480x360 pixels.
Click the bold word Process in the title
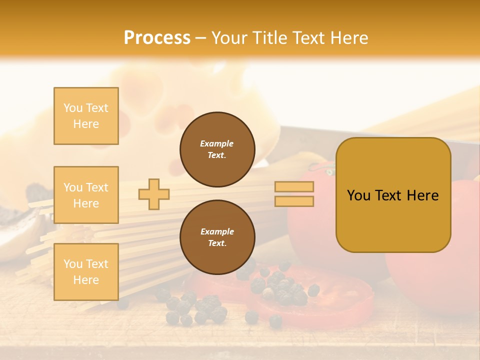tap(157, 37)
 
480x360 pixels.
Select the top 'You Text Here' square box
tap(86, 116)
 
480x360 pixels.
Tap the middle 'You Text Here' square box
tap(86, 195)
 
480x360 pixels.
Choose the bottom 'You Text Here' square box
tap(86, 272)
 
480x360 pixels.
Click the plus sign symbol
tap(154, 194)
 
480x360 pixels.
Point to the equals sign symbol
tap(294, 194)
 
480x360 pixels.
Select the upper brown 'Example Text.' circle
tap(217, 149)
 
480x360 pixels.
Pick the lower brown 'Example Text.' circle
tap(217, 237)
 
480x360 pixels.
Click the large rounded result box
tap(393, 195)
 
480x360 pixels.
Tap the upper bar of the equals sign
tap(294, 187)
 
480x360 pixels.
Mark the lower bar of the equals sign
tap(294, 201)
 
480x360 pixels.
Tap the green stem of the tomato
tap(329, 172)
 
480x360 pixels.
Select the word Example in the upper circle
tap(217, 143)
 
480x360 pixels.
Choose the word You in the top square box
tap(73, 108)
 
